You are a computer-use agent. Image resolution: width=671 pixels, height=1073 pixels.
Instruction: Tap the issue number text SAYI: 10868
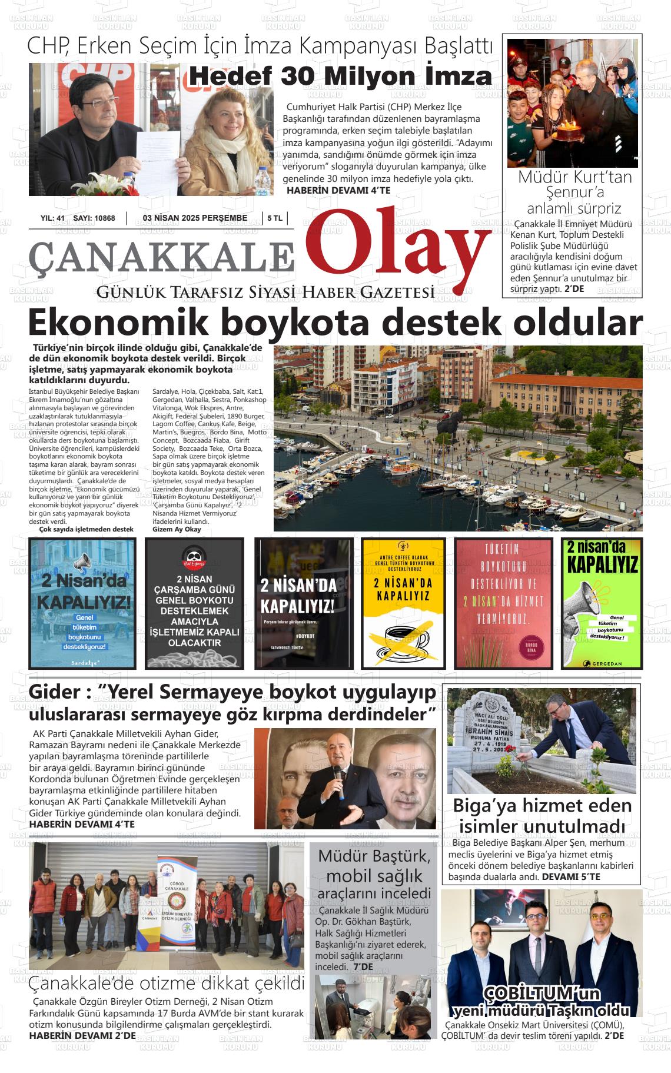[x=94, y=218]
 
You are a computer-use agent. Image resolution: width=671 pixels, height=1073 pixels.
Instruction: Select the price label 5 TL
[x=275, y=218]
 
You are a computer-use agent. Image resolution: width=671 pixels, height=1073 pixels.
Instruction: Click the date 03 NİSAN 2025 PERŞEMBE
[x=195, y=218]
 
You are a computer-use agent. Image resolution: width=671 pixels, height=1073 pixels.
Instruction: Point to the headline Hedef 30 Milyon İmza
[x=340, y=77]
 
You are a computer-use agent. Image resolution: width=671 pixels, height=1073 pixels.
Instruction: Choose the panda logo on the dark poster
[x=194, y=556]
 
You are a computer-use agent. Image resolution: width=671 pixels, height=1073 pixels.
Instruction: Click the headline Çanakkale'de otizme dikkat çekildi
[x=167, y=983]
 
